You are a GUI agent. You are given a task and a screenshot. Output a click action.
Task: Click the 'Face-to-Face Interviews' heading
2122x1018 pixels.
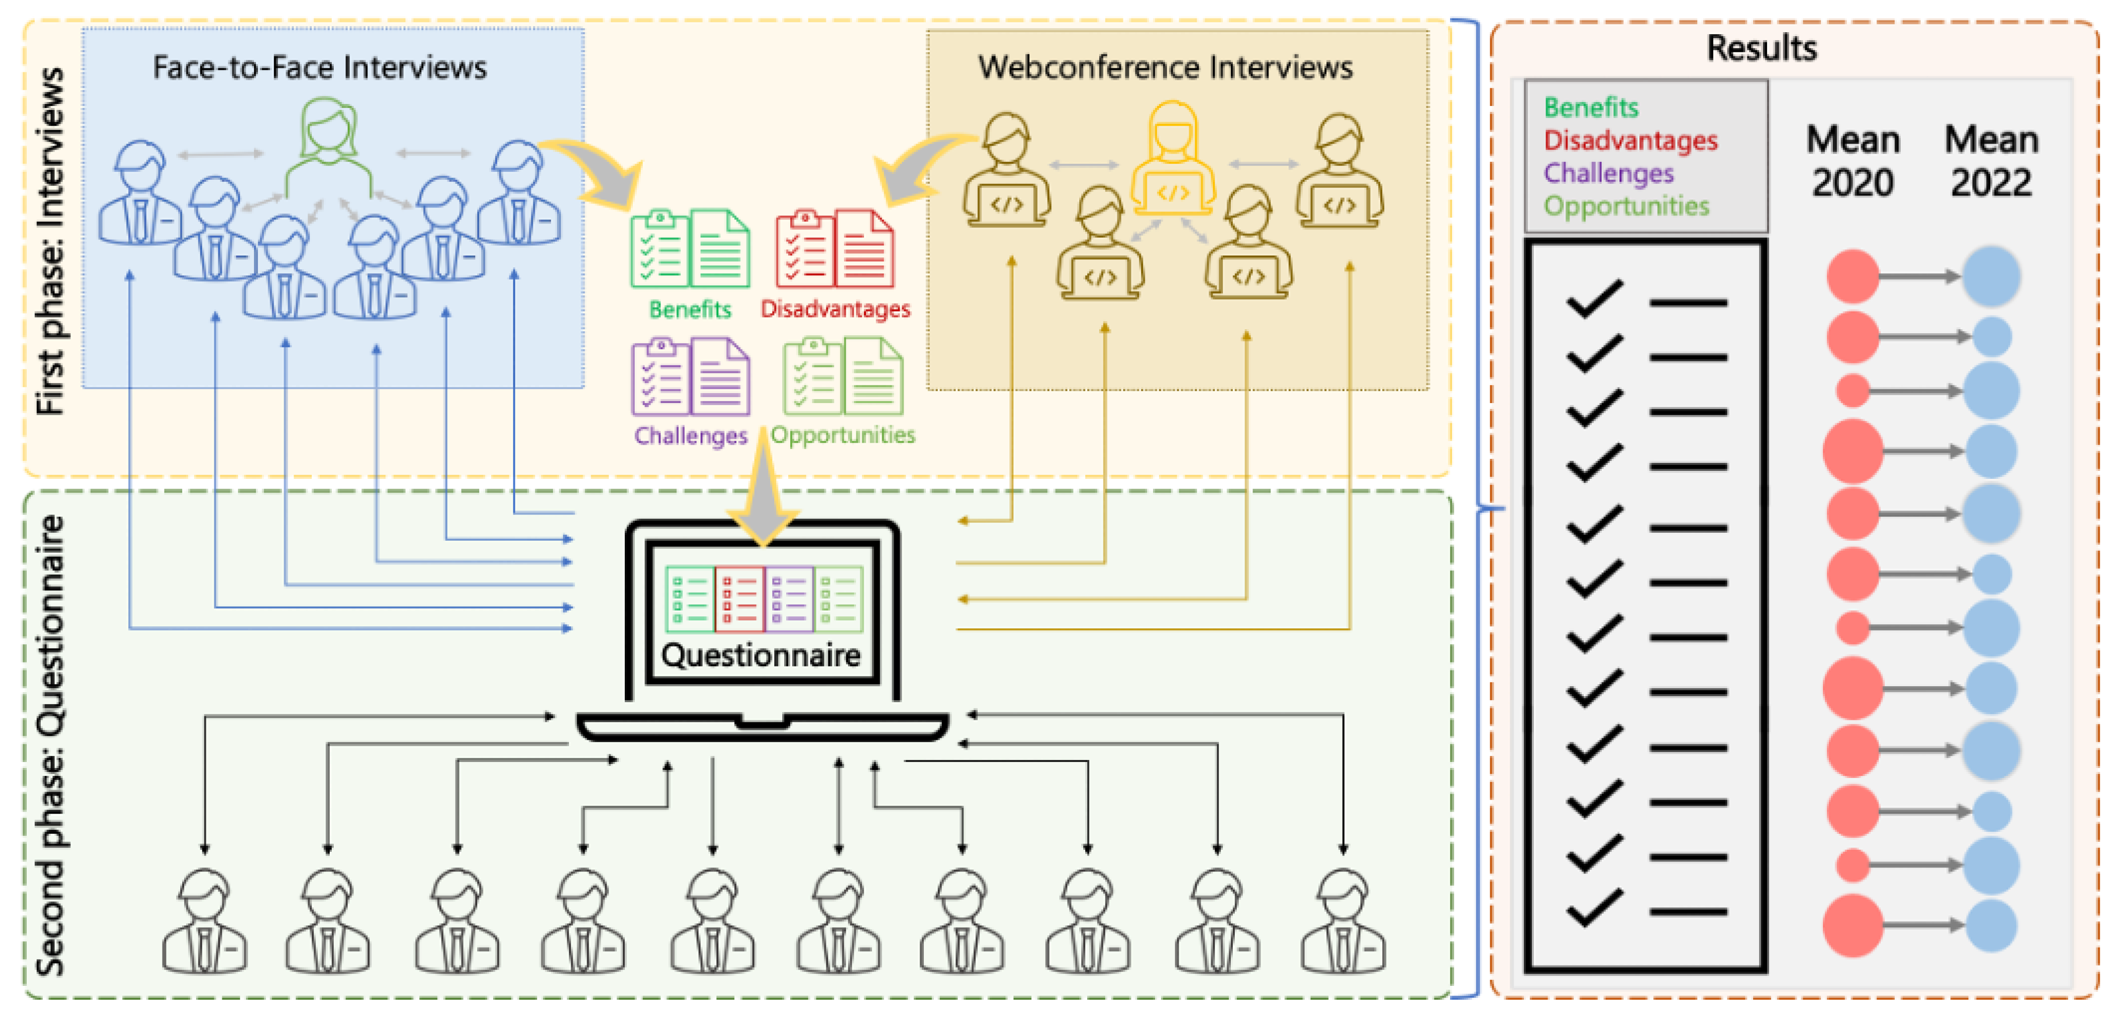coord(320,67)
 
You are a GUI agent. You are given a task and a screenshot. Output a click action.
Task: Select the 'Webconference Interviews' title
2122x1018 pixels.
coord(1165,67)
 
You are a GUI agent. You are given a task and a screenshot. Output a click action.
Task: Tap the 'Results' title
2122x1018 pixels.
coord(1761,48)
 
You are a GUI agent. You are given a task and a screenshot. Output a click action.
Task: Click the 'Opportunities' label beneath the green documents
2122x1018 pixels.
coord(843,434)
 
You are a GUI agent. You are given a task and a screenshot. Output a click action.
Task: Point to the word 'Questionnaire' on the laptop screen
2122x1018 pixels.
coord(760,655)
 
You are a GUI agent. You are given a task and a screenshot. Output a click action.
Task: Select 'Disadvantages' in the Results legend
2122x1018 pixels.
coord(1630,140)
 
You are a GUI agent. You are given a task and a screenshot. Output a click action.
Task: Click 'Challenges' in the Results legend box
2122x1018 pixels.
coord(1608,173)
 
